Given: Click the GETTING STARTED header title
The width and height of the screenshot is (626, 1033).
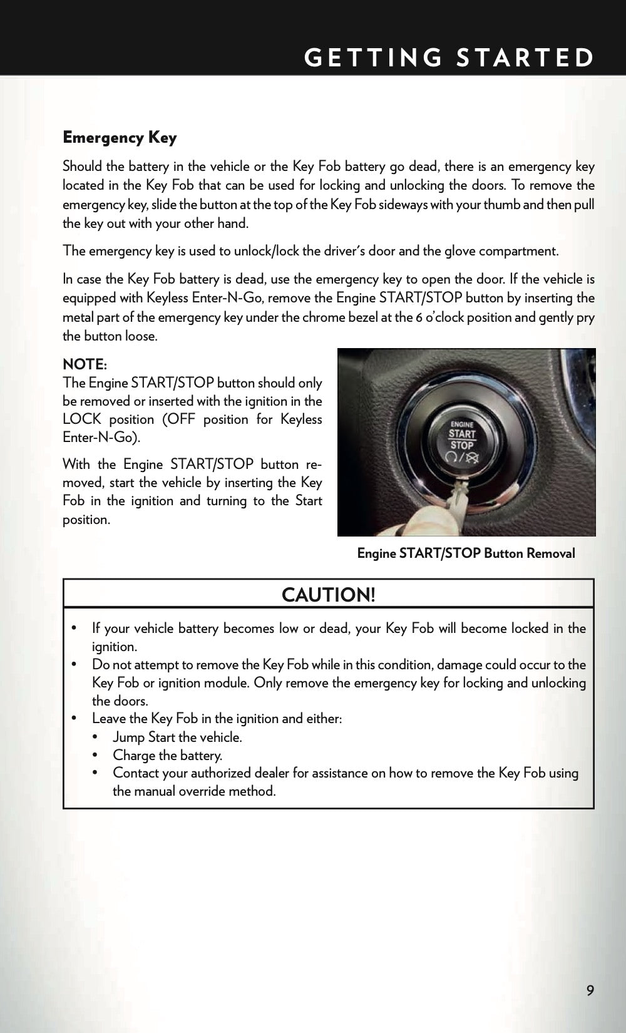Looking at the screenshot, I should point(449,58).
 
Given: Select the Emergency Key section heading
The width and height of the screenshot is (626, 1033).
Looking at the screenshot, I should point(120,138).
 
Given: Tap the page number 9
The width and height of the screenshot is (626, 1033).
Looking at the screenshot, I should point(590,990).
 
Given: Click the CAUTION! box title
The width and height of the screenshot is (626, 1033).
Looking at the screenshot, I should point(328,595).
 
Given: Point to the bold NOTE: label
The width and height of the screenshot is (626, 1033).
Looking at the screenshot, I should point(85,364).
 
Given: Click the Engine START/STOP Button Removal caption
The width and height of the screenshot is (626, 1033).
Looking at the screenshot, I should point(466,553).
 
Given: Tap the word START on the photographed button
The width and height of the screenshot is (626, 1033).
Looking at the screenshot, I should point(462,434).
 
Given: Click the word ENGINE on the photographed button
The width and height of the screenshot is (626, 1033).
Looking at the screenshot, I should point(462,424).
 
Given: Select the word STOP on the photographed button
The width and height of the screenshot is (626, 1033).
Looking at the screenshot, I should point(462,445).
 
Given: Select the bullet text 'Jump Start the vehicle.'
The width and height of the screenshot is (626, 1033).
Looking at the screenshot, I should point(177,737).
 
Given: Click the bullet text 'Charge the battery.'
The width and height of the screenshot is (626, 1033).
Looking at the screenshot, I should point(167,755).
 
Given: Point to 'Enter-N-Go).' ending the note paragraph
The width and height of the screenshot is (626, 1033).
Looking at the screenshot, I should point(101,437).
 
